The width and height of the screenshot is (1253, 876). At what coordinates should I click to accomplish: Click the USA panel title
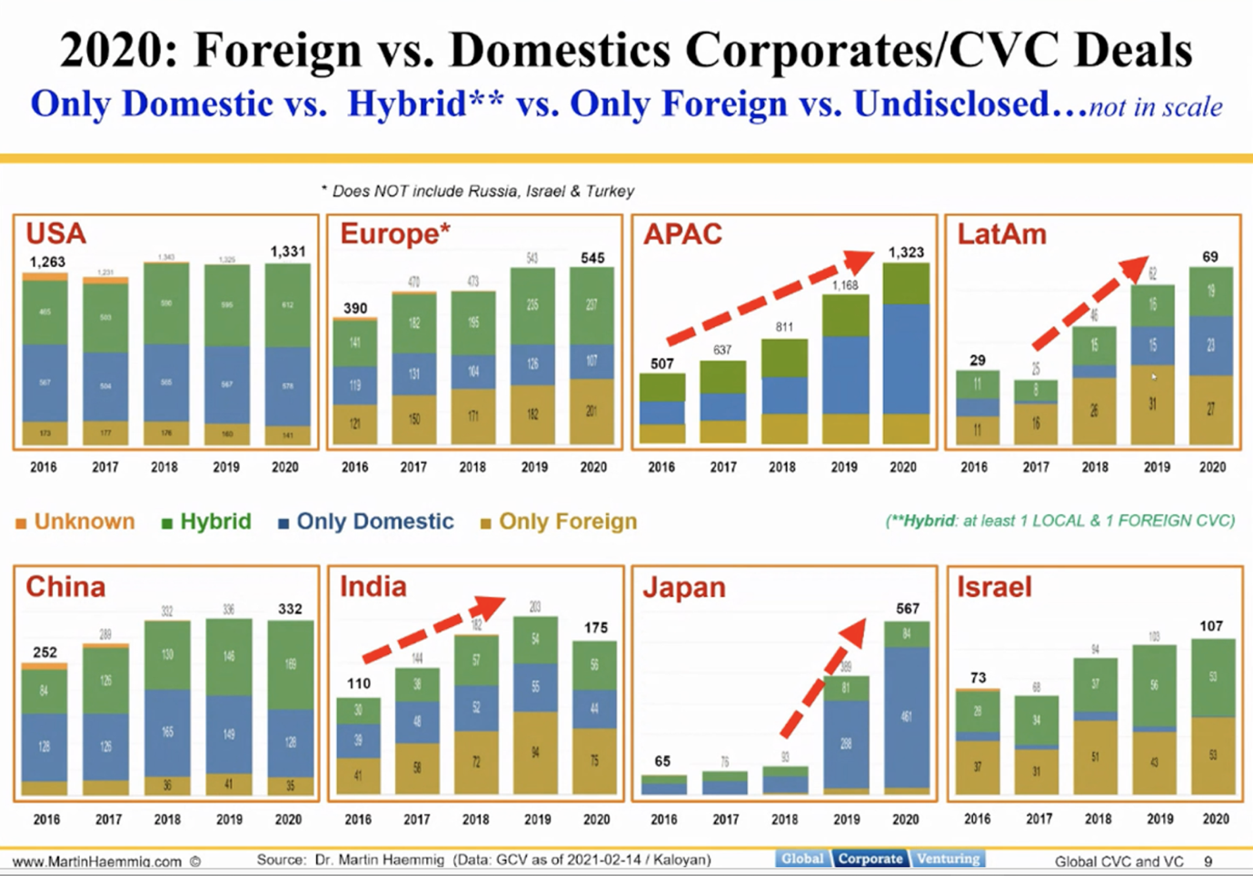(x=55, y=234)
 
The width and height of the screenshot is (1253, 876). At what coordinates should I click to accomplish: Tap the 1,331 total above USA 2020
(x=288, y=251)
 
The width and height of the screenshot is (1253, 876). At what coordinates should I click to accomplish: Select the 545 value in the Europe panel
(x=592, y=258)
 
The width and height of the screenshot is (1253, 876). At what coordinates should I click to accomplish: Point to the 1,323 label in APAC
(x=905, y=252)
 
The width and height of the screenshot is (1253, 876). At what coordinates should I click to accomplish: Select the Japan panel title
(x=684, y=587)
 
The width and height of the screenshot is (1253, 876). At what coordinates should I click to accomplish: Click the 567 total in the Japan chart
(x=907, y=609)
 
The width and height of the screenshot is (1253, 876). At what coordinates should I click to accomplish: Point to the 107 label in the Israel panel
(x=1210, y=626)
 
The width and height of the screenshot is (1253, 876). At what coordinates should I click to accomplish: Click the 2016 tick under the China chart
(x=46, y=819)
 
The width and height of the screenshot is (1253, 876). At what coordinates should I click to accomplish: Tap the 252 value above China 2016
(x=45, y=652)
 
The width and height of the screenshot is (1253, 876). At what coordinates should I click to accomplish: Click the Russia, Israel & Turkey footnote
(x=482, y=192)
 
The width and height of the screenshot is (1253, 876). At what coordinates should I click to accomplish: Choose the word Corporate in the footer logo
(x=870, y=859)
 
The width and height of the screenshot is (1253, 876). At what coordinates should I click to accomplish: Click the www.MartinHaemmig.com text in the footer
(x=98, y=861)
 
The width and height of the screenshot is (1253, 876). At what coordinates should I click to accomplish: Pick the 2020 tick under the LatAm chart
(x=1212, y=467)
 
